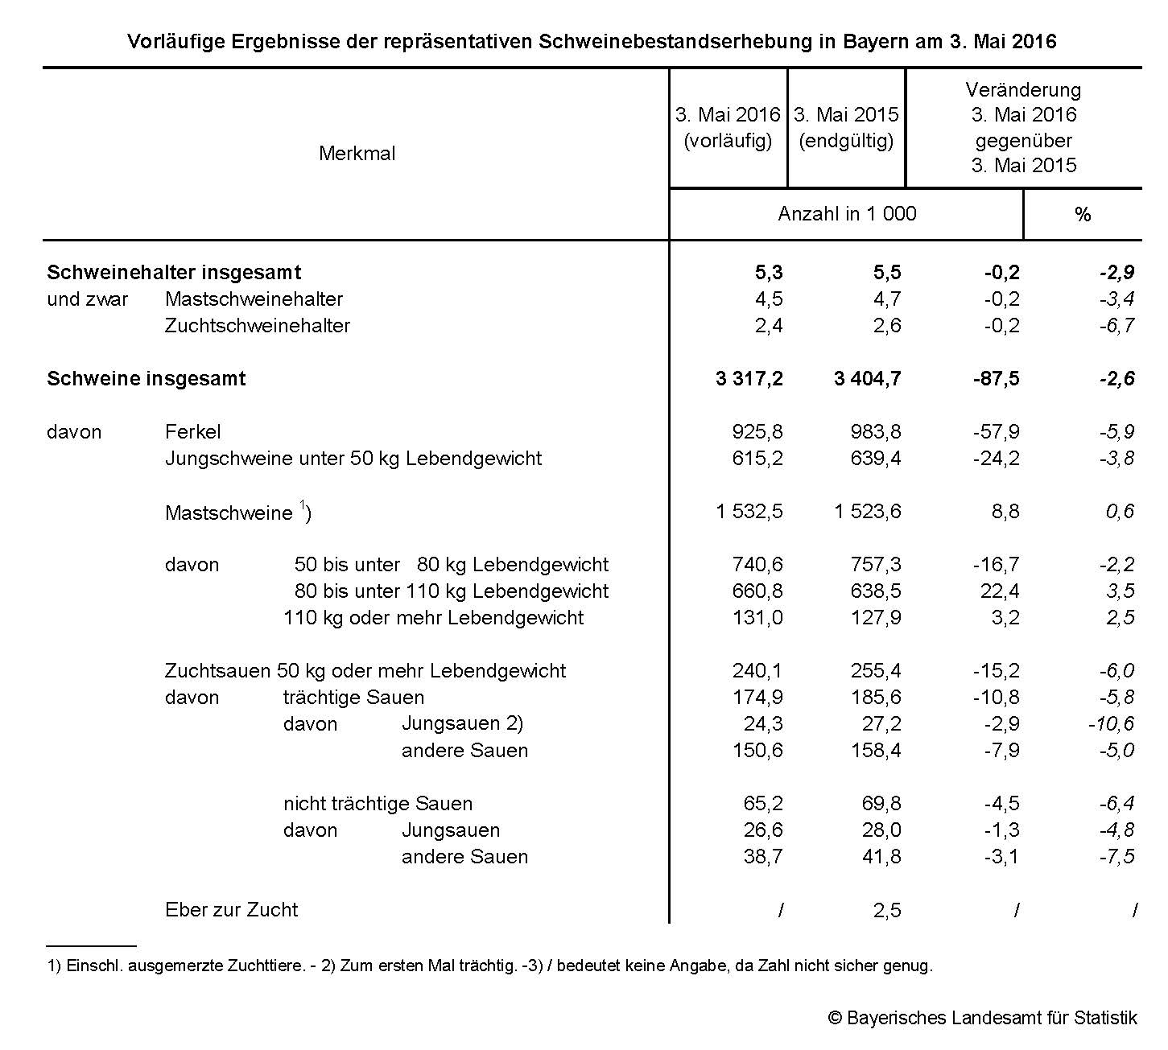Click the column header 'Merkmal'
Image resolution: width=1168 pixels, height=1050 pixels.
pos(357,154)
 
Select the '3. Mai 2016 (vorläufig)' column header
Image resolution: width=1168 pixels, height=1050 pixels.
pos(728,128)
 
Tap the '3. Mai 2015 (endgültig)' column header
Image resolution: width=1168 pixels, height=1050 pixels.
pos(846,128)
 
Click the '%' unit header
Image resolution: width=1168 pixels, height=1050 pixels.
pos(1083,215)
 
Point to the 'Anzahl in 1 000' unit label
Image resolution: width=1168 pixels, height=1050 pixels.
pos(847,214)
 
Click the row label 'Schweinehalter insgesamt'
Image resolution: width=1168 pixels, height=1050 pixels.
pos(174,273)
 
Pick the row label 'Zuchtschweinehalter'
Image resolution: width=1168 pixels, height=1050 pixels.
pos(258,326)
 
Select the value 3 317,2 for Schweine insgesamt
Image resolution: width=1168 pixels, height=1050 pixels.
pos(749,379)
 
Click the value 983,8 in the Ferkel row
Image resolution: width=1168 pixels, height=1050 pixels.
pos(876,432)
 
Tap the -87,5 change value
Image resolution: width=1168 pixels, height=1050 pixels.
pos(996,379)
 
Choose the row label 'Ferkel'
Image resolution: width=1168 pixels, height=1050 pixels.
pos(192,432)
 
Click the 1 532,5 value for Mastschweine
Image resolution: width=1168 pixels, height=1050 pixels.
pos(749,512)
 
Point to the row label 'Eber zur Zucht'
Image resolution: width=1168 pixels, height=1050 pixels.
pos(231,910)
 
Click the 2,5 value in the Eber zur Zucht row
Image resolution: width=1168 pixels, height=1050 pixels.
pos(887,911)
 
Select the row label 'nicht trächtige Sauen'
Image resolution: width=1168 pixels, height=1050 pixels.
pos(378,804)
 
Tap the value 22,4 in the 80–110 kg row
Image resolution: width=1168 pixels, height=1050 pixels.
pos(1001,591)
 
